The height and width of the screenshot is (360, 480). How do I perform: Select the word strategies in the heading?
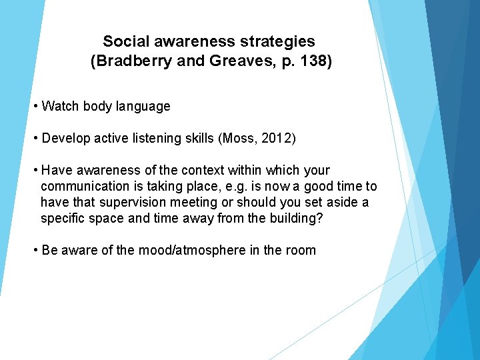277,42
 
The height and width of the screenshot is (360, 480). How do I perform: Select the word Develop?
65,138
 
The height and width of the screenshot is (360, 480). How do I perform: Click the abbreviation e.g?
230,186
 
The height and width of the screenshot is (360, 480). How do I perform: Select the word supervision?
123,202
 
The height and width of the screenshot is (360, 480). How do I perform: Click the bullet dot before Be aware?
35,250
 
